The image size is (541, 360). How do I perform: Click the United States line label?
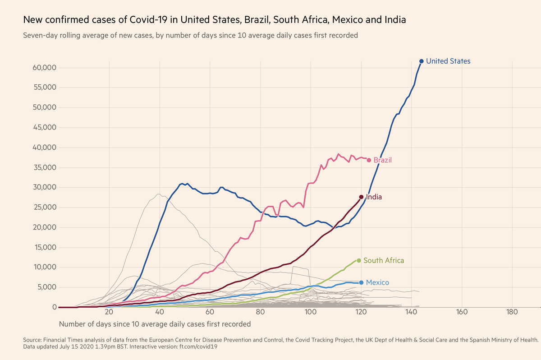(x=448, y=61)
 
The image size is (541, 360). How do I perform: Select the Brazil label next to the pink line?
(x=383, y=160)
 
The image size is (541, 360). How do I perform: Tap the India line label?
(x=374, y=197)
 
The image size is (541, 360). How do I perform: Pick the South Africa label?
(x=384, y=260)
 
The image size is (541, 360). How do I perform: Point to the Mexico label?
(x=377, y=282)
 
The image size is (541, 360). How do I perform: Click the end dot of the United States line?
(x=422, y=61)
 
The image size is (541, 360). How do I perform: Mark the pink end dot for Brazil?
(x=369, y=160)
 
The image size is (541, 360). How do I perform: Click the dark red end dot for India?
(x=361, y=197)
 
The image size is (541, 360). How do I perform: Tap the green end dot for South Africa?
(x=359, y=260)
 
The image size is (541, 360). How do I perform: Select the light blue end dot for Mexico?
(x=361, y=282)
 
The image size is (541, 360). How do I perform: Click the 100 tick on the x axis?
(x=310, y=313)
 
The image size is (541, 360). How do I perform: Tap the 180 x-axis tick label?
(x=512, y=313)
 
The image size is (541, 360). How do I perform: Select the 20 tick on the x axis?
(x=109, y=313)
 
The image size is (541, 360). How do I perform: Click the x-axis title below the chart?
(x=155, y=324)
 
